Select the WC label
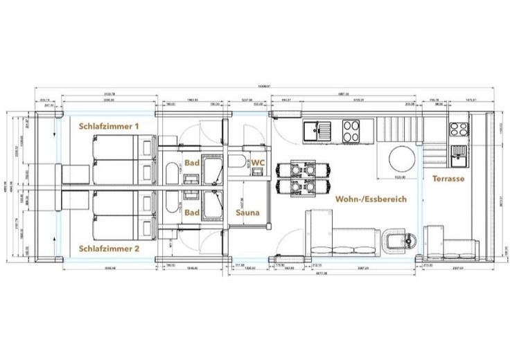coord(257,162)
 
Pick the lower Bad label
coord(192,213)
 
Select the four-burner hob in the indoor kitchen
coord(351,129)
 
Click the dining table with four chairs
coord(302,178)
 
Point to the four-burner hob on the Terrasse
coord(459,129)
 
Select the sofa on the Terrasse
coord(457,246)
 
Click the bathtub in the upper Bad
coord(171,174)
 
